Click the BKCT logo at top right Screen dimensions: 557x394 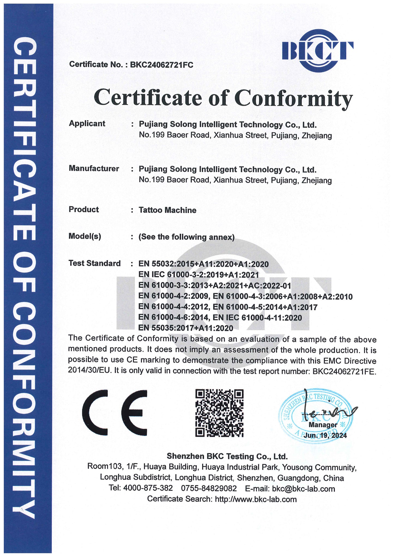(317, 51)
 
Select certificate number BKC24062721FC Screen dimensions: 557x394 (161, 65)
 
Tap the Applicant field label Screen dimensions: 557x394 (87, 123)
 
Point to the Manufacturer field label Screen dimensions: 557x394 (94, 168)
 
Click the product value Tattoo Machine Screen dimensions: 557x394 (167, 210)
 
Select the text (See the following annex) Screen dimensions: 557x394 (187, 237)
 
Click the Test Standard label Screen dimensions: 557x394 (94, 263)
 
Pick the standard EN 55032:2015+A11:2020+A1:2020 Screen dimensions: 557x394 (203, 264)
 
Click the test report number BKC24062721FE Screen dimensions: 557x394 (344, 371)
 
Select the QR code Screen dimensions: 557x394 (219, 413)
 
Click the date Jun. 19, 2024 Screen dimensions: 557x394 (325, 435)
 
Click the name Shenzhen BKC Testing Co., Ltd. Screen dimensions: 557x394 (227, 456)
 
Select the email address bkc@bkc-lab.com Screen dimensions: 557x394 (303, 489)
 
